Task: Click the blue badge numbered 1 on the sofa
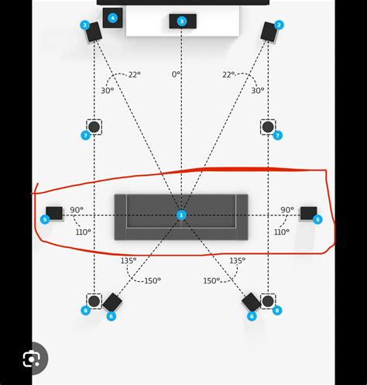pos(181,215)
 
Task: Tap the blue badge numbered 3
pos(182,21)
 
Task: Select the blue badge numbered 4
pos(112,18)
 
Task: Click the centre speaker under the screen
pos(183,21)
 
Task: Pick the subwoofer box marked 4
pos(112,18)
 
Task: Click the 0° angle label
pos(176,74)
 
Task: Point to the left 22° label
pos(135,74)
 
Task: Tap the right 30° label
pos(258,91)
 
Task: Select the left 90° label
pos(77,210)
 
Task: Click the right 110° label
pos(282,232)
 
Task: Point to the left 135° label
pos(129,260)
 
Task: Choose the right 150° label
pos(211,280)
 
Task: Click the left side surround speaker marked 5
pos(54,213)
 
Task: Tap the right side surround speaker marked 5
pos(309,213)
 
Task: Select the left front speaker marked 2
pos(94,32)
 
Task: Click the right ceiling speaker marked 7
pos(268,127)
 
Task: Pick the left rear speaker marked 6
pos(112,302)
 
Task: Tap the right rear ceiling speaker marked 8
pos(268,301)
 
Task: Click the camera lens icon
pos(32,359)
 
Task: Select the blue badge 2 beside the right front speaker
pos(279,25)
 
